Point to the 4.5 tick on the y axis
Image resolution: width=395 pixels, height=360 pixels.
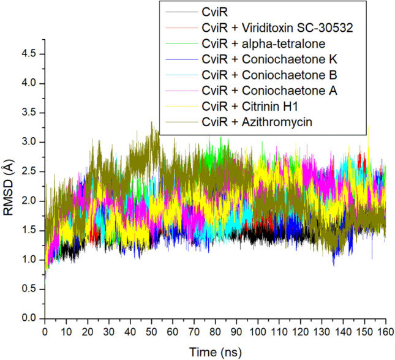coord(28,54)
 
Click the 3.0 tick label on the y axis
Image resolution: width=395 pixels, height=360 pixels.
coord(28,142)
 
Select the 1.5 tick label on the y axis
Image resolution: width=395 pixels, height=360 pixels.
coord(28,230)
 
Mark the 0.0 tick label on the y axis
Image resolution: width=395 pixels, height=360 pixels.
coord(28,318)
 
